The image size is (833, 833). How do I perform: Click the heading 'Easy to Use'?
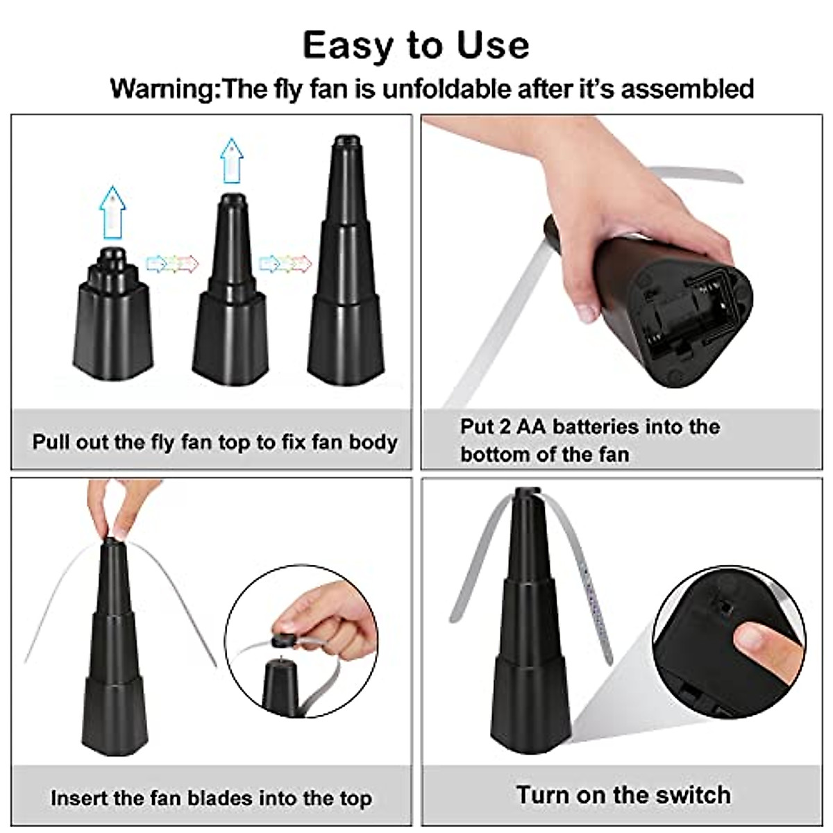416,45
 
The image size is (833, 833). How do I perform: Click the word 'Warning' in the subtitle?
162,90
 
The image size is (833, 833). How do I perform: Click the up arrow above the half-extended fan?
232,160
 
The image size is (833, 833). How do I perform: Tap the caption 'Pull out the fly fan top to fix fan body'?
214,442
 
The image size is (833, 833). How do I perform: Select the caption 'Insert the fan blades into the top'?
211,798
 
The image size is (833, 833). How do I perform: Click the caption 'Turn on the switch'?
623,795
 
